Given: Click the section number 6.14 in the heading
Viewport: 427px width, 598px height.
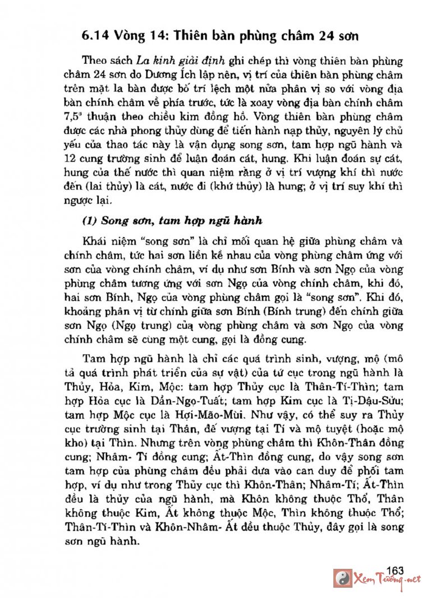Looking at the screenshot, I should point(95,37).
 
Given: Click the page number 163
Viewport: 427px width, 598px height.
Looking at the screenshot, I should point(395,571).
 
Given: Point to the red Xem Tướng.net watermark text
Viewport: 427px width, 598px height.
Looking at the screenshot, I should point(386,580).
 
